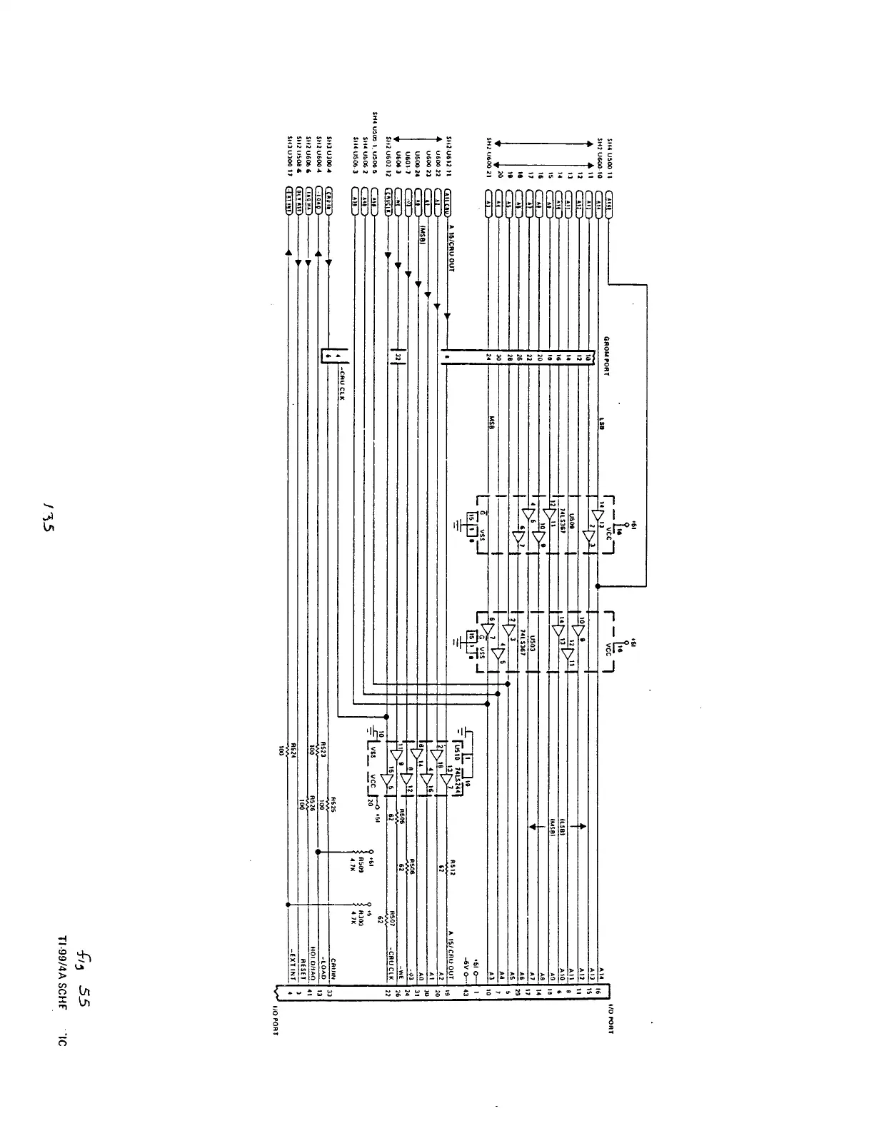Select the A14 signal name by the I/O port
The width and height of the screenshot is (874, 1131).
click(602, 973)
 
